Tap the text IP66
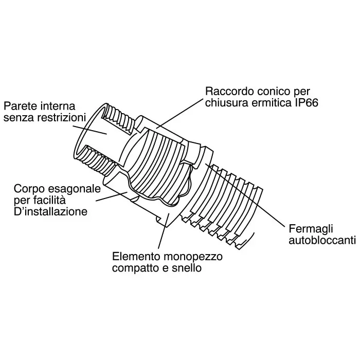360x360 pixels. (306, 103)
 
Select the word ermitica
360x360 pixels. (270, 103)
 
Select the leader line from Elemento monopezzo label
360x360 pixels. (163, 234)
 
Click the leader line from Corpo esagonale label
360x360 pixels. (111, 196)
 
